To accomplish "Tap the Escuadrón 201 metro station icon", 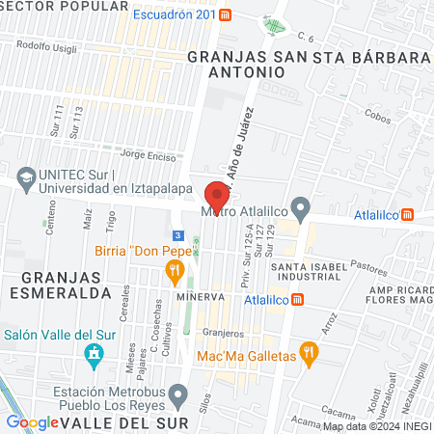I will (225, 15).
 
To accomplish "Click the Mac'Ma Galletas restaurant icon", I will (309, 354).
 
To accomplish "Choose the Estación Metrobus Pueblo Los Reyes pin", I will (177, 393).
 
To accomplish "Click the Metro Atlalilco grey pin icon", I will (302, 207).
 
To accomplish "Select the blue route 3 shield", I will (176, 235).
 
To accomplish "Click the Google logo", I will (34, 422).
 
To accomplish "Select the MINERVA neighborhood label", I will (200, 298).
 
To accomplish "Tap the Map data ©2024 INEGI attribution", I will (377, 426).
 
